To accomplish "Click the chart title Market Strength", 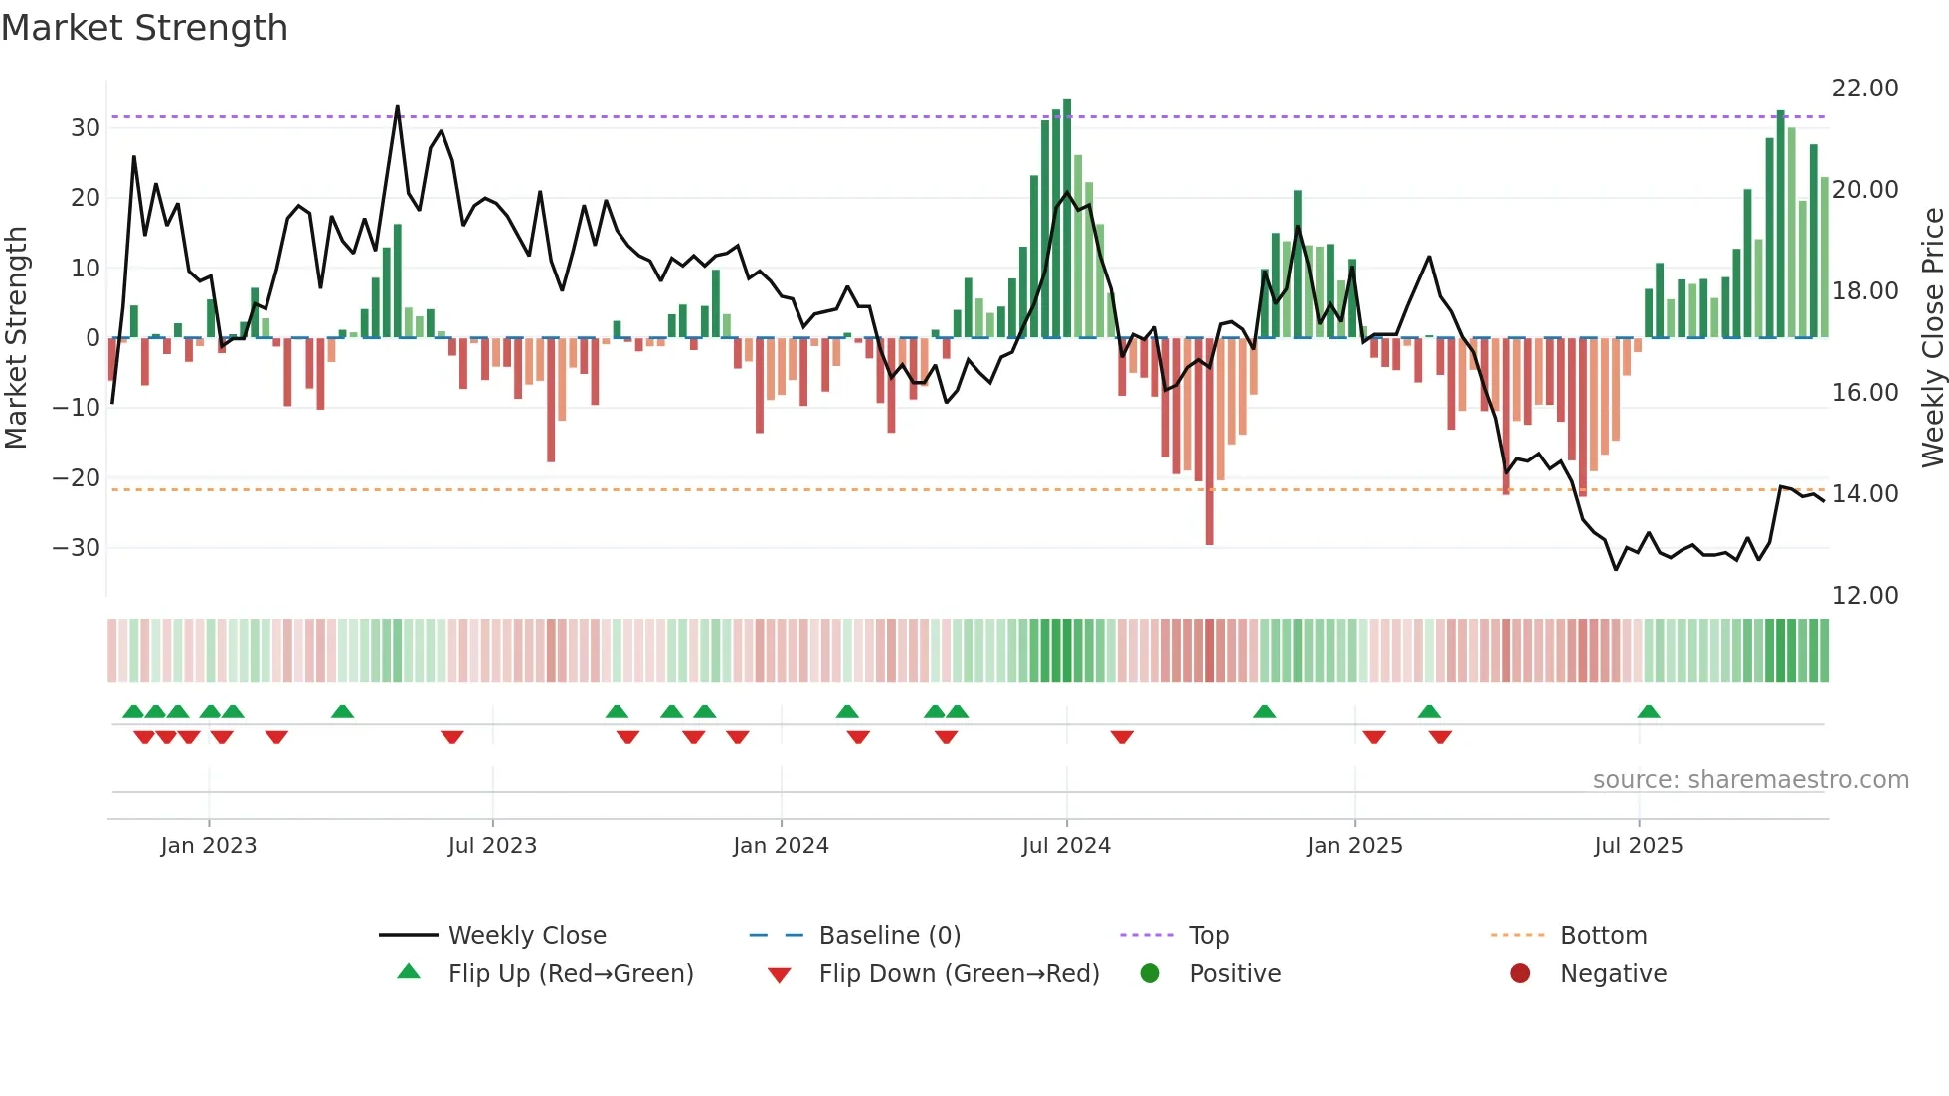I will (x=144, y=28).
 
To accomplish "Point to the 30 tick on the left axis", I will (x=86, y=128).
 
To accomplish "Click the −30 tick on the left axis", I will (x=77, y=548).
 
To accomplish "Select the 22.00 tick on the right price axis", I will (x=1864, y=89).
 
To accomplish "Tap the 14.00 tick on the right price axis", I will (x=1864, y=494).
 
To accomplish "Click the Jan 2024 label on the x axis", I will (x=781, y=846).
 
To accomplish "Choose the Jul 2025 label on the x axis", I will (x=1638, y=846).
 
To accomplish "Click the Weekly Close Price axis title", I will (x=1932, y=338).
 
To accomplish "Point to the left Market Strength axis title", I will (x=16, y=338).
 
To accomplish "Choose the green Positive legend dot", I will (x=1151, y=974).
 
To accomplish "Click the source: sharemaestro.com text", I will (x=1750, y=780).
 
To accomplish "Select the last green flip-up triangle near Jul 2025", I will (x=1648, y=712).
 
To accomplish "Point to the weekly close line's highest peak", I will (x=398, y=107).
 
